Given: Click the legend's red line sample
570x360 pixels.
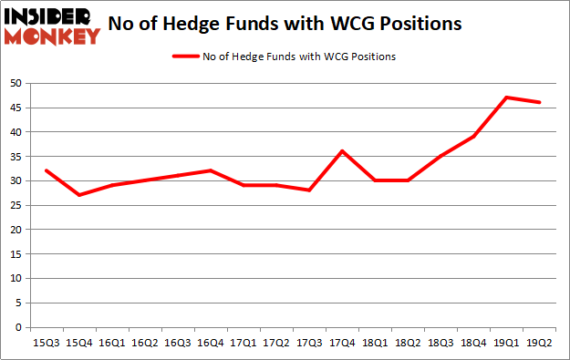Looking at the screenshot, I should point(187,57).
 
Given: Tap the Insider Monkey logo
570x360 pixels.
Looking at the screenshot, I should point(52,25).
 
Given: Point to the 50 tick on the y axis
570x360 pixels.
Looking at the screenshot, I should point(16,83).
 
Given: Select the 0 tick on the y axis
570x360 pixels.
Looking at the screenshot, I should point(19,327).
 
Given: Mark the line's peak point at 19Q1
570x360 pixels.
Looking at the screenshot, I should point(507,98).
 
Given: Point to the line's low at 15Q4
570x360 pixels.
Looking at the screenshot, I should point(78,195).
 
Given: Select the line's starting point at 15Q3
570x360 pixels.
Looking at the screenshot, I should point(46,170).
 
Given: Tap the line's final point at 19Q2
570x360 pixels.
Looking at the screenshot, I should point(541,102).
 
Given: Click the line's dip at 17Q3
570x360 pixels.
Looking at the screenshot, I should point(309,190).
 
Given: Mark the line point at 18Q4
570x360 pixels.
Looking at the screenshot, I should point(474,137).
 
